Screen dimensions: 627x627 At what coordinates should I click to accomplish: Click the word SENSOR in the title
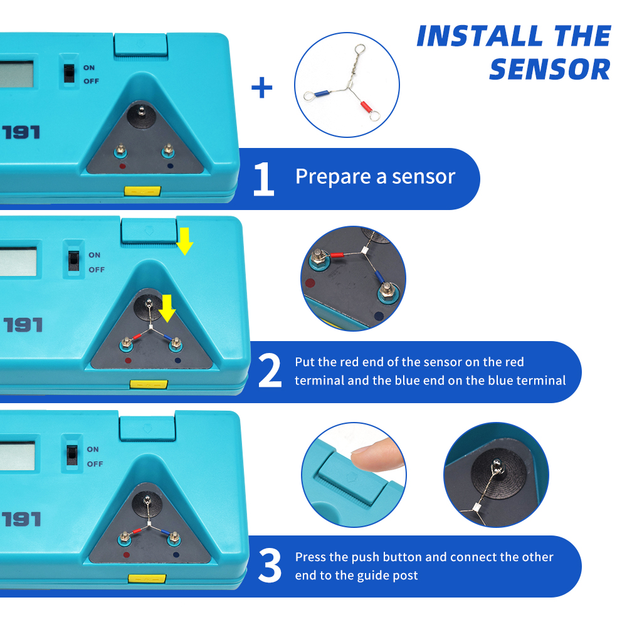(x=551, y=70)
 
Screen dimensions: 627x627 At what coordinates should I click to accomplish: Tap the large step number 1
(x=263, y=179)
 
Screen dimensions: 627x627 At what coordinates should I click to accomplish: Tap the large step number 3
(x=270, y=566)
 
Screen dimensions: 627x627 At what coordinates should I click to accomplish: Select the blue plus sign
(x=262, y=88)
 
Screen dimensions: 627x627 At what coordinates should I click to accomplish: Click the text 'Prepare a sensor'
(x=375, y=176)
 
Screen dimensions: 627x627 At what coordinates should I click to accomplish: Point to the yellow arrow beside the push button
(x=184, y=241)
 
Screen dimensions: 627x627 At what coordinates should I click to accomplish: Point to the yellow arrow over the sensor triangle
(x=167, y=308)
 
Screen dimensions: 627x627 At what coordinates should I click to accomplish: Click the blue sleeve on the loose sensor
(x=322, y=94)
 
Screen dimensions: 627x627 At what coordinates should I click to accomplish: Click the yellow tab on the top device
(x=142, y=191)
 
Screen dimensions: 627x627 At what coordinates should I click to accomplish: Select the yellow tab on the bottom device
(x=147, y=578)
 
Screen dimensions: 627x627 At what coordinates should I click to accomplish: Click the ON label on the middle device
(x=95, y=255)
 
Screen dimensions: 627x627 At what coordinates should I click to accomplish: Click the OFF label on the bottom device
(x=95, y=464)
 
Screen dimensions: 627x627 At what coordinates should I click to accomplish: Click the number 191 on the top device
(x=21, y=132)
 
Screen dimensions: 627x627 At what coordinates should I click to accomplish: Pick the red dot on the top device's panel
(x=122, y=166)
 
